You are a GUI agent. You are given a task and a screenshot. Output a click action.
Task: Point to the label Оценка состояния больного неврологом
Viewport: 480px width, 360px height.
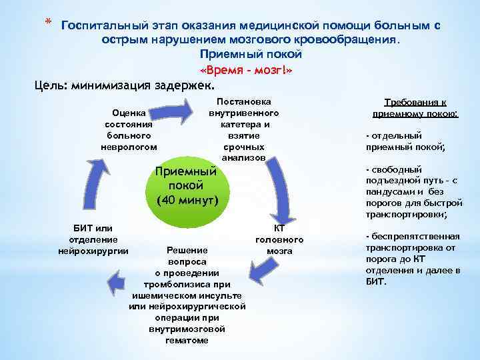[129, 129]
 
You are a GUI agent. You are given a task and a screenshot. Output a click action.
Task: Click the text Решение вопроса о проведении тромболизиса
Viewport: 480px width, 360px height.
[187, 294]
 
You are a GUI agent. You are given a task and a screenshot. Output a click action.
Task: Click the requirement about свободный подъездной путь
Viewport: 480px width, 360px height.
[413, 192]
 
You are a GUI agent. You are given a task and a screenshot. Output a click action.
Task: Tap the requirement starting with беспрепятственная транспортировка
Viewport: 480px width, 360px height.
[413, 259]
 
